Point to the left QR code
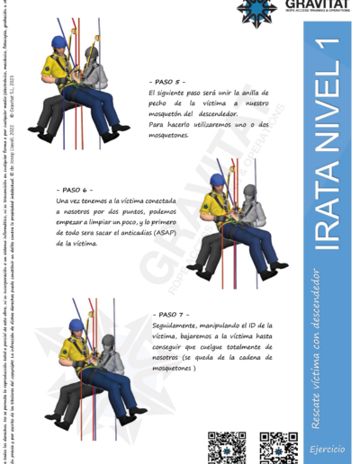coord(226,447)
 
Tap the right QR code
coord(277,447)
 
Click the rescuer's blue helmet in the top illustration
coord(59,41)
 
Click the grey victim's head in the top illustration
coord(90,54)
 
